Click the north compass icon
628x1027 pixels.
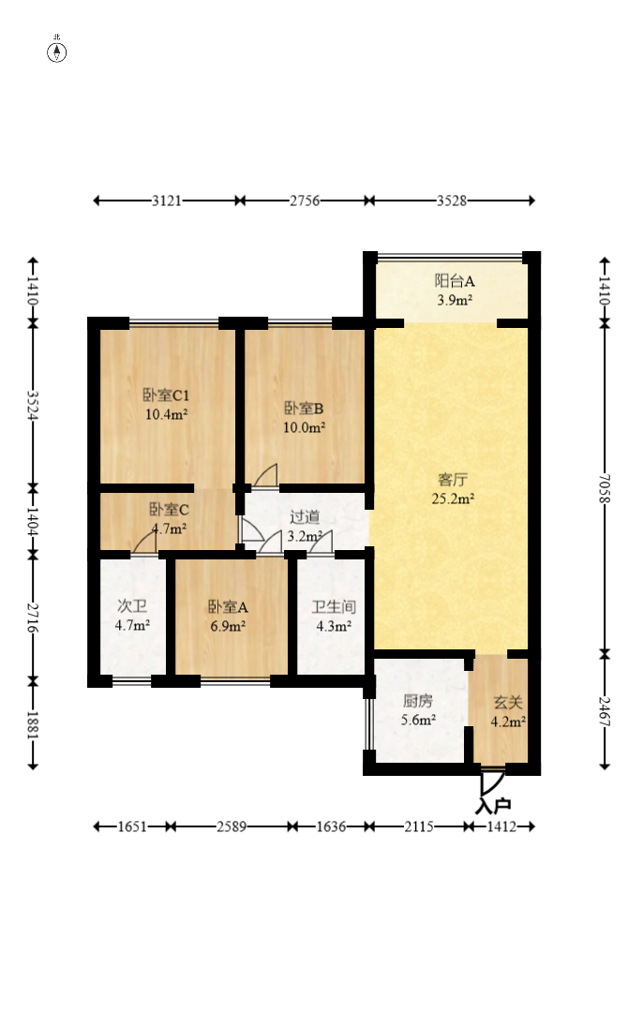tap(57, 51)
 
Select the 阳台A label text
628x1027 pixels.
tap(455, 280)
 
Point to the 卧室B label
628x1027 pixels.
tap(305, 409)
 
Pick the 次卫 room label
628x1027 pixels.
tap(132, 606)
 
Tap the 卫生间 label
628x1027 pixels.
tap(333, 606)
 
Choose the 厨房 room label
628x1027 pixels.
tap(418, 700)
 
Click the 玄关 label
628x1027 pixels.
tap(508, 701)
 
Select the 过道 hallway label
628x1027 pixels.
tap(305, 517)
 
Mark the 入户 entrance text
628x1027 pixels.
tap(493, 805)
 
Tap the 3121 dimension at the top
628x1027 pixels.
tap(166, 201)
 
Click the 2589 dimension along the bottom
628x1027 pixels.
tap(232, 826)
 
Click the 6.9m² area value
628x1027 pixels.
tap(228, 626)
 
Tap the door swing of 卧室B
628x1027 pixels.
tap(266, 477)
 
